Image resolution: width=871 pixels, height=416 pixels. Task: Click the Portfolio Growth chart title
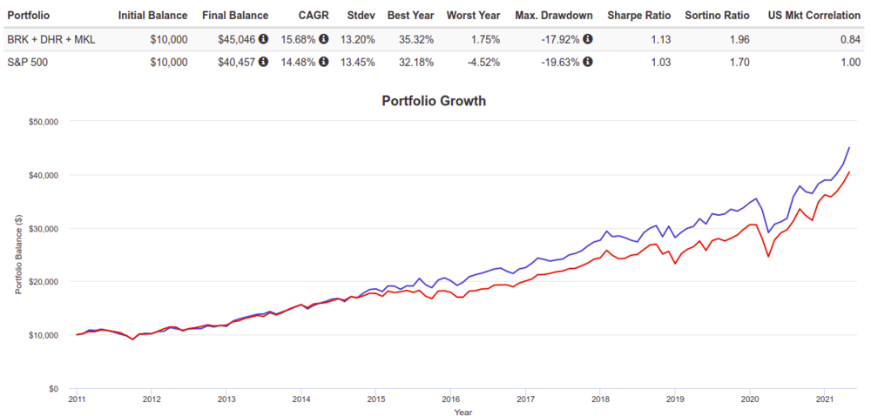[x=434, y=101]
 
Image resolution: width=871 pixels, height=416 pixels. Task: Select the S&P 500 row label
[x=27, y=61]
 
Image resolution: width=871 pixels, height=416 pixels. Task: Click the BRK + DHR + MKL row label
[x=50, y=38]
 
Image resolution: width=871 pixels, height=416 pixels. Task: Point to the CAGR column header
[x=314, y=16]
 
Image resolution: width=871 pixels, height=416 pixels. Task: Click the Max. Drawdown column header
[x=554, y=16]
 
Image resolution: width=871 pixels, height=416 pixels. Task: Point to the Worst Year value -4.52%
[x=482, y=61]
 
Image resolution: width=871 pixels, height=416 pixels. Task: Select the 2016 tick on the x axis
[x=450, y=401]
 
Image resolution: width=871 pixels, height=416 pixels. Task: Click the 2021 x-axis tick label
[x=825, y=401]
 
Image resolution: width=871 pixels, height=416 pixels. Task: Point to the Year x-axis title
[x=463, y=412]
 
